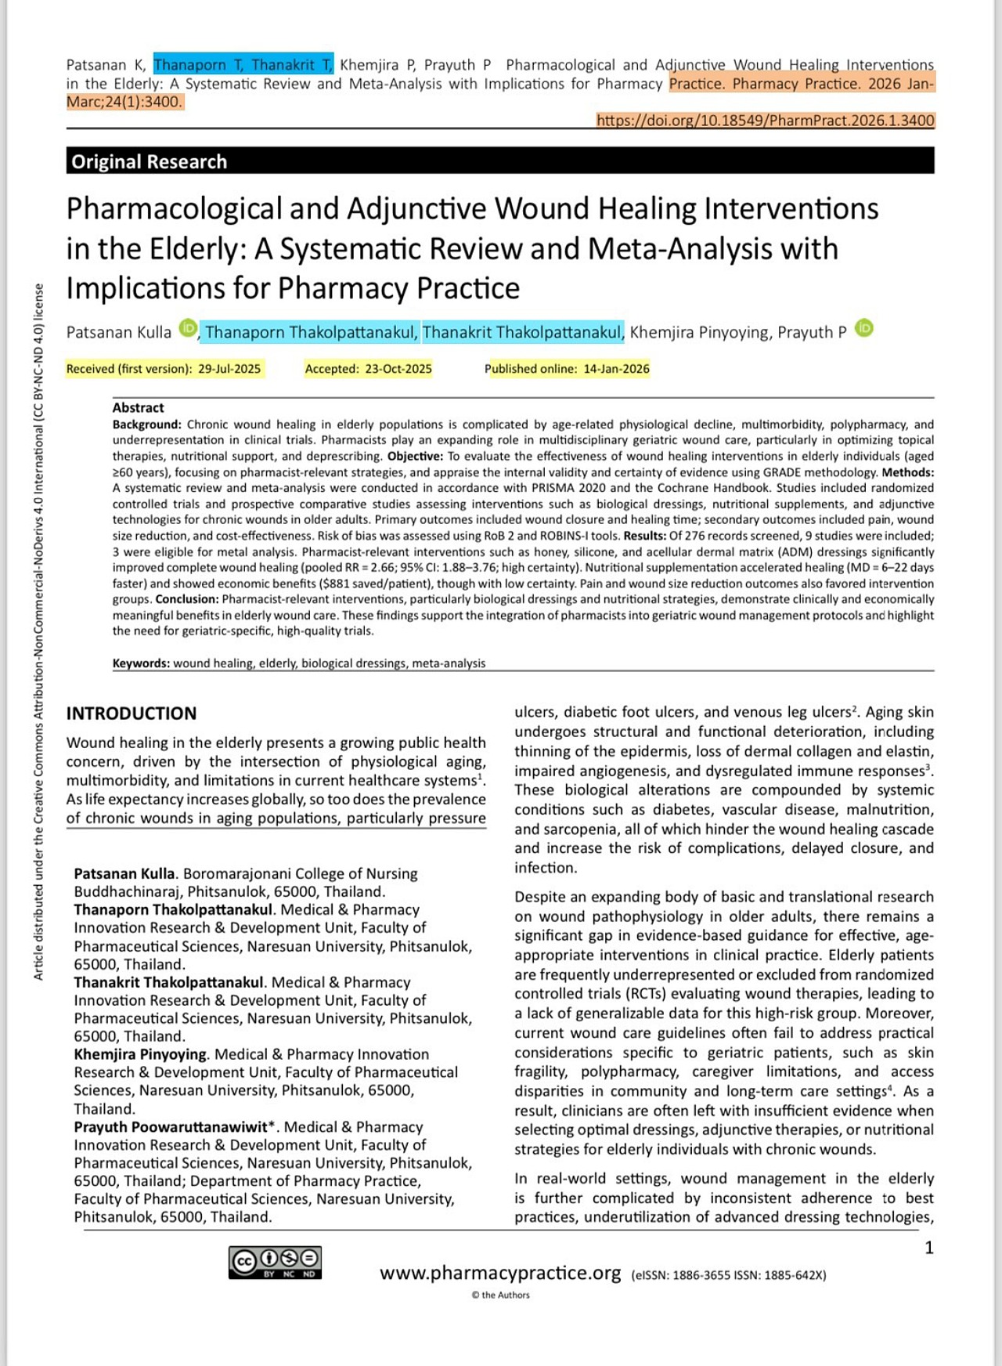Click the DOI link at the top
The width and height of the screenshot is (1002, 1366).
(x=765, y=121)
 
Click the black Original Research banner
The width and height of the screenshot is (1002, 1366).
(x=499, y=161)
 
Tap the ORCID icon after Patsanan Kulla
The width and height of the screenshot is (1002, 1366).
(x=188, y=328)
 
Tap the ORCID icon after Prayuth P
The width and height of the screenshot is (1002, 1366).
(x=863, y=328)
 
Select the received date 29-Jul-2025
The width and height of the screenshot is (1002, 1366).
(x=229, y=369)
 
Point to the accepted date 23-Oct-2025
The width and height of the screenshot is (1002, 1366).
(x=398, y=369)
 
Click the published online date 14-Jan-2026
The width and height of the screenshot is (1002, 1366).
(x=616, y=369)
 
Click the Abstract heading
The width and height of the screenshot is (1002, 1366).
(x=138, y=407)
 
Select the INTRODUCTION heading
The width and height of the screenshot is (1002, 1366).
(x=132, y=714)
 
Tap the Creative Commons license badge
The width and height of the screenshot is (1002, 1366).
(x=275, y=1262)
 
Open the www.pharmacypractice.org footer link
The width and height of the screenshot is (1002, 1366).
(x=500, y=1273)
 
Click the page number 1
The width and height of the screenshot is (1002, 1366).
(x=929, y=1248)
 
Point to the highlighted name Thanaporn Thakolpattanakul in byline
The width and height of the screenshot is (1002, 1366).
(x=310, y=332)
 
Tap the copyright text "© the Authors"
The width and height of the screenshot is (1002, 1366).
(x=500, y=1295)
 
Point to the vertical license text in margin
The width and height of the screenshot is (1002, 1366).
(x=38, y=631)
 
